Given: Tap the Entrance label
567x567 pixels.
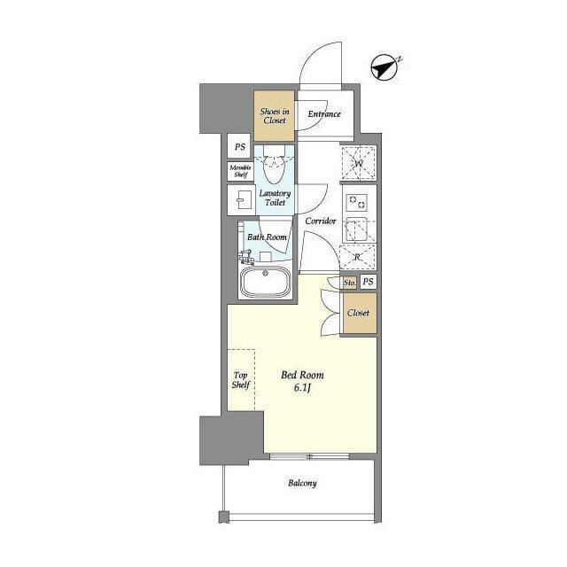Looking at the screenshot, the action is click(x=324, y=114).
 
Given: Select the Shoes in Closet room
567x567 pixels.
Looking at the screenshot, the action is click(x=274, y=116).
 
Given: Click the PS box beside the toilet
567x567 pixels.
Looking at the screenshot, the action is click(x=239, y=146).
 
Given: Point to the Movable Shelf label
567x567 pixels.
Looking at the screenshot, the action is click(x=240, y=171).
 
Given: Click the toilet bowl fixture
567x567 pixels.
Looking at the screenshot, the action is click(x=274, y=166).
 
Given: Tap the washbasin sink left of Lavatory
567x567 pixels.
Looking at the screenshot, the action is click(x=242, y=200).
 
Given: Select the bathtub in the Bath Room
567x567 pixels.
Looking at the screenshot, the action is click(x=266, y=282).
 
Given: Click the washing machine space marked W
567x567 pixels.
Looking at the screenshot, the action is click(x=359, y=163).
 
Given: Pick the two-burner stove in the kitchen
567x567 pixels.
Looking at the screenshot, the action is click(x=356, y=202).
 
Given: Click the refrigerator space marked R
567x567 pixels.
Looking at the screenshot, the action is click(x=358, y=257).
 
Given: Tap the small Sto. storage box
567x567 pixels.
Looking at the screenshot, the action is click(x=349, y=283).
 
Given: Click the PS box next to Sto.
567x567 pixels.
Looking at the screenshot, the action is click(x=369, y=282).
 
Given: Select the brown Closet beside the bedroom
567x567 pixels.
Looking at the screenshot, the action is click(x=359, y=313).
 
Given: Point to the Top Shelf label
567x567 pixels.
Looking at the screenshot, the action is click(x=241, y=380).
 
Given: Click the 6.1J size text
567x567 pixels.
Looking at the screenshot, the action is click(x=303, y=388).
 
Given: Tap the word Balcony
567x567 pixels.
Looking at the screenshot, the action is click(x=302, y=483).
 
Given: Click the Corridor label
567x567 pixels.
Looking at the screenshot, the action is click(x=321, y=221).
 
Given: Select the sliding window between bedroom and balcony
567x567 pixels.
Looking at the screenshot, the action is click(x=309, y=456).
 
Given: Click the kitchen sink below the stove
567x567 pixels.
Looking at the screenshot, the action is click(x=356, y=229).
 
